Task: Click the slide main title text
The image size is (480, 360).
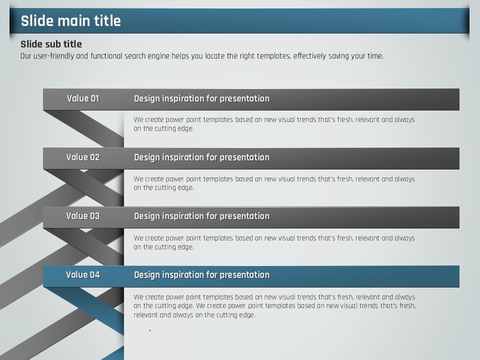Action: click(x=70, y=21)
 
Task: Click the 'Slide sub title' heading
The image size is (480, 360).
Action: click(x=51, y=44)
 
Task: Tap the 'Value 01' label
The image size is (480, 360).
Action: click(x=83, y=98)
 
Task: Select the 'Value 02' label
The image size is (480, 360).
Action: click(x=83, y=157)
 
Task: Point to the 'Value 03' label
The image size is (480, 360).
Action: click(x=83, y=216)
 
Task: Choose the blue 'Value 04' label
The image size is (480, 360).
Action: click(x=83, y=274)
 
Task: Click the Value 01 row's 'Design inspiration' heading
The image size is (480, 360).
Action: click(x=201, y=98)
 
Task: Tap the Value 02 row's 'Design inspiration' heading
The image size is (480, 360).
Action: click(x=201, y=157)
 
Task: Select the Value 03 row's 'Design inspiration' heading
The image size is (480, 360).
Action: click(x=201, y=216)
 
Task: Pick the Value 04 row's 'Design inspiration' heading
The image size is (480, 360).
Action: click(x=201, y=275)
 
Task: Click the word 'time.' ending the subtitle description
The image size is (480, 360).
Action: click(x=375, y=56)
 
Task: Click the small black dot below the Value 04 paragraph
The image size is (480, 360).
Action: click(x=150, y=330)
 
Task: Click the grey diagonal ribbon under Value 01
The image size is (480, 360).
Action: click(x=84, y=129)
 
